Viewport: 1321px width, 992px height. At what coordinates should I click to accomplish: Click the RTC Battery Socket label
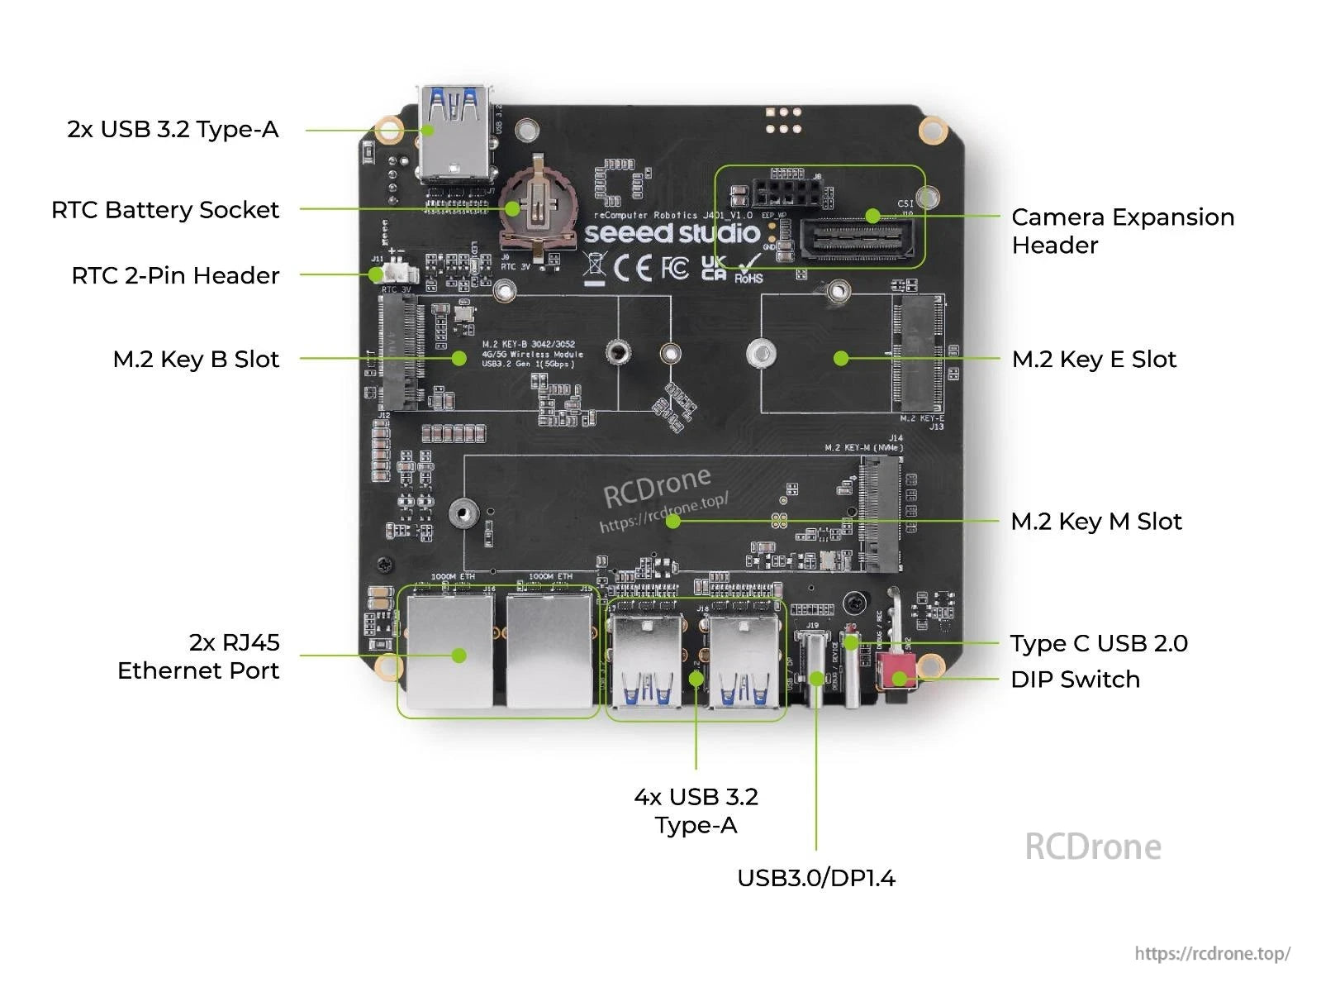[165, 210]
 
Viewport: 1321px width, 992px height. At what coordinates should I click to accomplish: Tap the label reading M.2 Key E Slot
[1093, 360]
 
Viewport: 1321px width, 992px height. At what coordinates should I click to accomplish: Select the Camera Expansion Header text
[1122, 231]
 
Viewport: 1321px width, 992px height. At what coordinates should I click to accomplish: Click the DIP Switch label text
[1075, 680]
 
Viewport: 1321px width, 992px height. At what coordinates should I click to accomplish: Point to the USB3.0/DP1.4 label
[815, 878]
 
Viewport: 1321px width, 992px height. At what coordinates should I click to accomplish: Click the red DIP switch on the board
[895, 670]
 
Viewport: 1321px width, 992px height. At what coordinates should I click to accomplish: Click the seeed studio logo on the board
[671, 233]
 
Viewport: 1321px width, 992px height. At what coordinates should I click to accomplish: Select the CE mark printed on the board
[633, 267]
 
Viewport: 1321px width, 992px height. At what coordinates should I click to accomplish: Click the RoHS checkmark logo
[749, 269]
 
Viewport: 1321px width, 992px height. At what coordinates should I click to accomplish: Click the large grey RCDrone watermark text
[1092, 847]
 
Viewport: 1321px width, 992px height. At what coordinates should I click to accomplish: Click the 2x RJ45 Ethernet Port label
[198, 656]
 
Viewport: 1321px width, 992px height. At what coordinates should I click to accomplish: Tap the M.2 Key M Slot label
[1095, 522]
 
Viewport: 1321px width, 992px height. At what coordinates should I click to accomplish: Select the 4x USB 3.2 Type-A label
[696, 811]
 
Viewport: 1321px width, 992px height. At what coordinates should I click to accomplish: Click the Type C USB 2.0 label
[1098, 644]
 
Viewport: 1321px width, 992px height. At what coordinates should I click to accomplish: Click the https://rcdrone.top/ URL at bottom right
[1211, 953]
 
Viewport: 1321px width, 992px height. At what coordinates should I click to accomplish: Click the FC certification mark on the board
[675, 267]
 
